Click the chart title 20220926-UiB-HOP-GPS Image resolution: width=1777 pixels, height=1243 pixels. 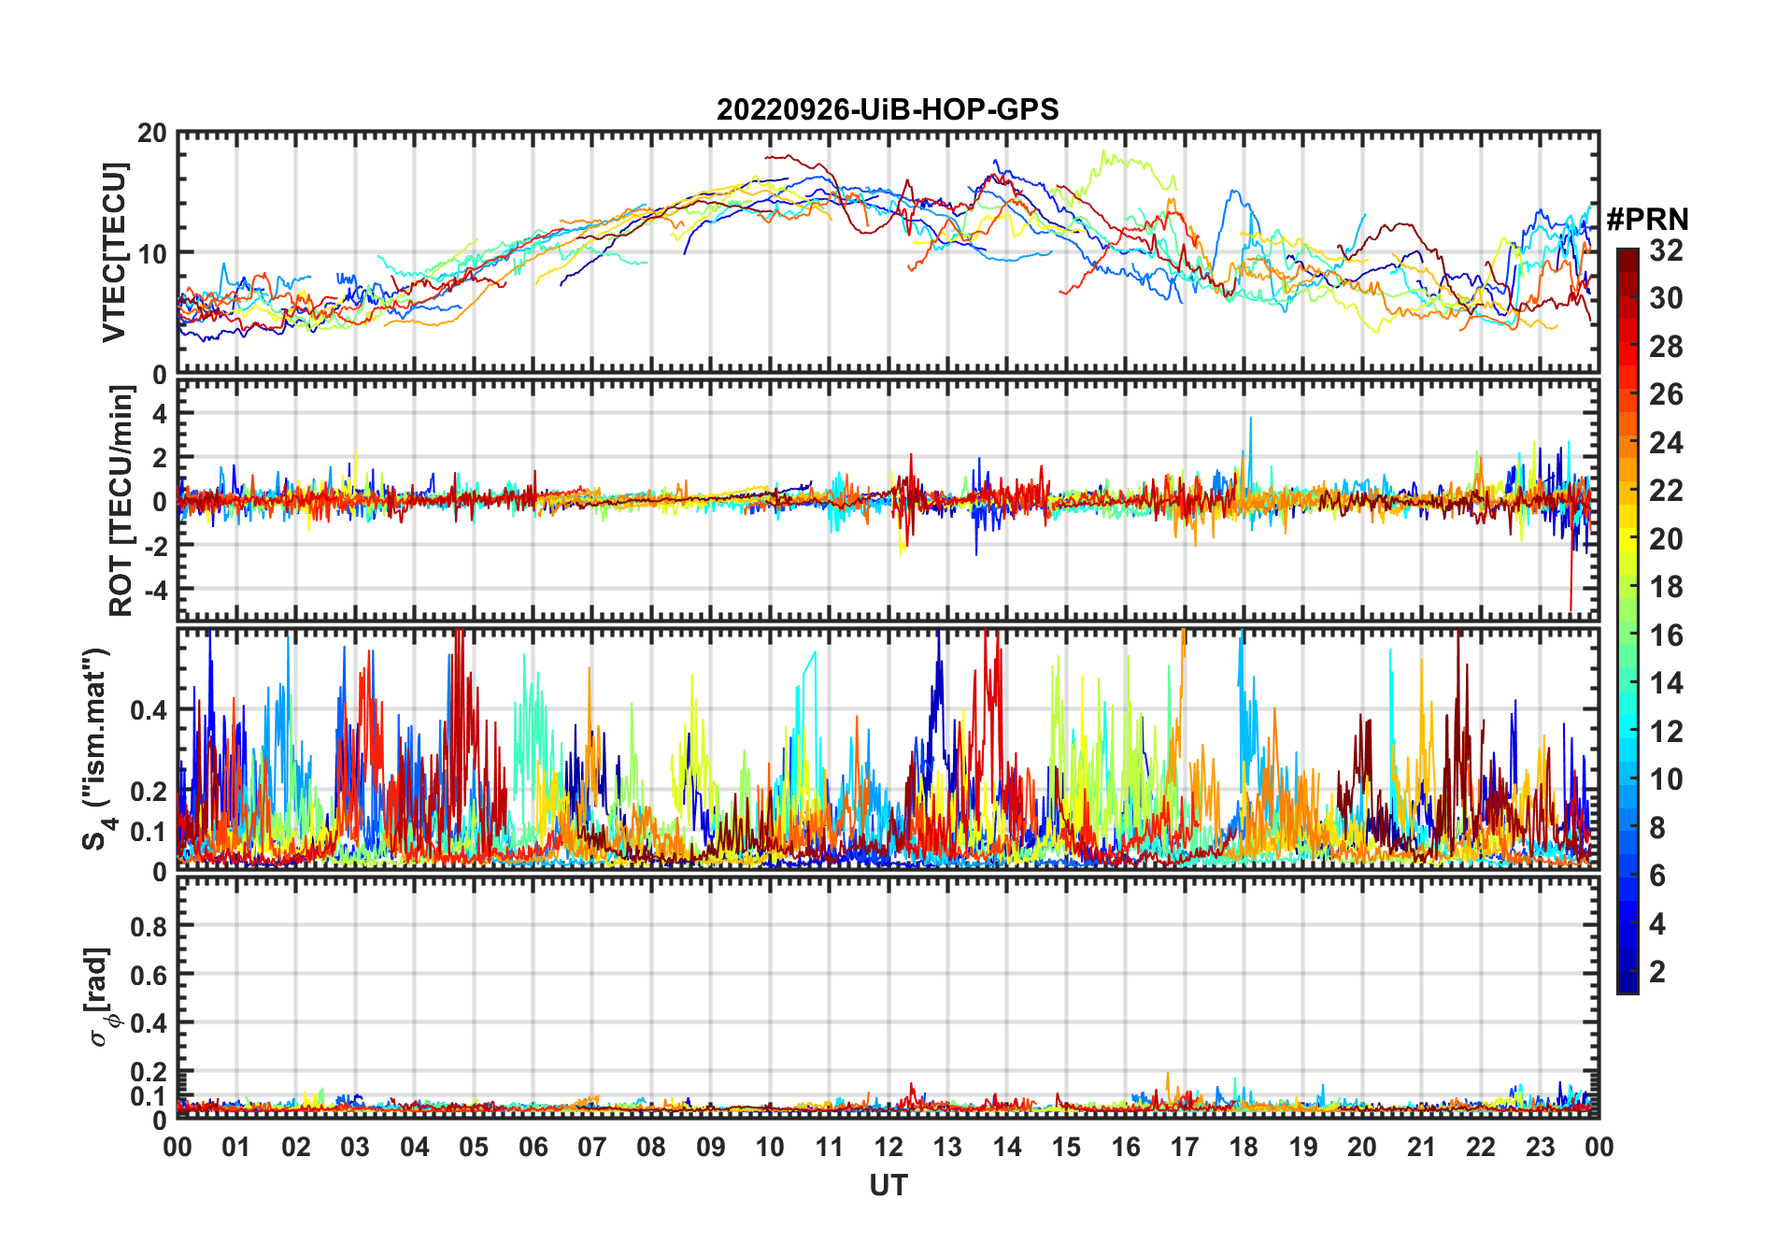coord(888,110)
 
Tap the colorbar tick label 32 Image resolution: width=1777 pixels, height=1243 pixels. coord(1666,250)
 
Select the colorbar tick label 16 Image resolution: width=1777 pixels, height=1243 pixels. coord(1666,636)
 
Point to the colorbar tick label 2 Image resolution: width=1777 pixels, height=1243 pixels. coord(1657,972)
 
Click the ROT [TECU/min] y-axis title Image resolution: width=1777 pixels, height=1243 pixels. coord(121,501)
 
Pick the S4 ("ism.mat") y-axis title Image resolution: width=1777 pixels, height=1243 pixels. coord(96,749)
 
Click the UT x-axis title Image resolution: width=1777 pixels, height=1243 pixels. coord(888,1186)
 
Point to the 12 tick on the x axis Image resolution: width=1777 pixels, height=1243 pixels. coord(888,1148)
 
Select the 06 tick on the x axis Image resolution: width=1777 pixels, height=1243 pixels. coord(533,1148)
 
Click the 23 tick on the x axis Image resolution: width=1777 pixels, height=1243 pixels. coord(1540,1148)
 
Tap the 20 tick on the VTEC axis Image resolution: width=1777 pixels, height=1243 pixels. coord(152,134)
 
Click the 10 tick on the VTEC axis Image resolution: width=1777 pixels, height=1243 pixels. coord(152,253)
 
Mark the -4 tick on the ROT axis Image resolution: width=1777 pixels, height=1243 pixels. coord(152,590)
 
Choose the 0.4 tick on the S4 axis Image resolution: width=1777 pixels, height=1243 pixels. coord(149,710)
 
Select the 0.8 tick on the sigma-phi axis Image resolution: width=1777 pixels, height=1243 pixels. coord(149,926)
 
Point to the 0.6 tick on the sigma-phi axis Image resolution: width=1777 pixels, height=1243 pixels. coord(149,975)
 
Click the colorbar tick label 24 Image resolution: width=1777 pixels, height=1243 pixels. coord(1666,443)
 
